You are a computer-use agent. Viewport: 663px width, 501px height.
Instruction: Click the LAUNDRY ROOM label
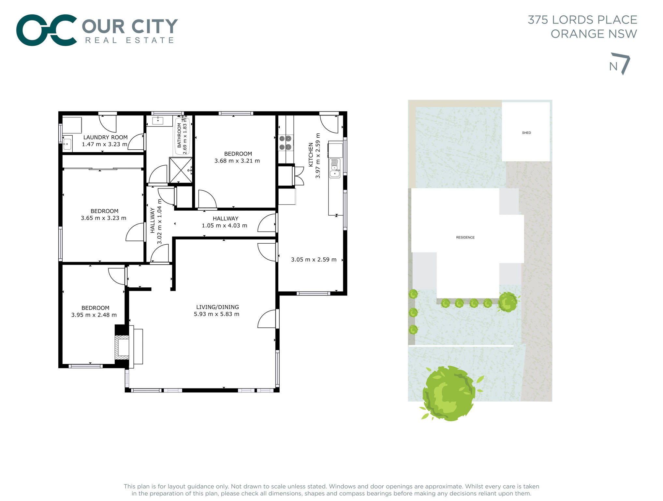tap(105, 137)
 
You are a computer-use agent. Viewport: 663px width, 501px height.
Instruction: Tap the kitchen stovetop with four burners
tap(285, 143)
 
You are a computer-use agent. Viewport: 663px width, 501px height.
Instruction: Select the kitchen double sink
tap(335, 168)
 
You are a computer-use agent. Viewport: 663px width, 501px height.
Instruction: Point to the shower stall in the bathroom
tap(181, 170)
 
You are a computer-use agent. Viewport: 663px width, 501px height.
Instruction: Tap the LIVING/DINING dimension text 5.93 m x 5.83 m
tap(216, 314)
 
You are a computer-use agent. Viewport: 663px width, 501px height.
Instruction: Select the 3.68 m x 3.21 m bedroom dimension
tap(237, 161)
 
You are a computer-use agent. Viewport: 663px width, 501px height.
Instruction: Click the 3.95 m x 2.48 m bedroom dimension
tap(94, 315)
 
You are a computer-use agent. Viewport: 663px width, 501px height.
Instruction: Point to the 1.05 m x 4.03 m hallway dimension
tap(224, 225)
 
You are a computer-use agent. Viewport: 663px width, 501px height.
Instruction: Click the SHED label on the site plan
tap(526, 133)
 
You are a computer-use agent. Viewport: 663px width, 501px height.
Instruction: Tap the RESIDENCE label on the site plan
tap(465, 237)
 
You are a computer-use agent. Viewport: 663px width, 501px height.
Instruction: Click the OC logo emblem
tap(47, 30)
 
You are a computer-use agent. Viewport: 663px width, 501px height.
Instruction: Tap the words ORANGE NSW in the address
tap(594, 34)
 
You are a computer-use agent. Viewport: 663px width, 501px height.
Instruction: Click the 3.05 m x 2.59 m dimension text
tap(313, 260)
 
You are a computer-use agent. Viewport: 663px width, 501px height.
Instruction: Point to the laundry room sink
tap(67, 144)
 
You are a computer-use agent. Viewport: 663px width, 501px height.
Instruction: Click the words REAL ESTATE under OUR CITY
tap(130, 40)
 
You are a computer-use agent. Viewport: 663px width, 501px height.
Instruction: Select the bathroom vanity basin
tap(158, 121)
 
